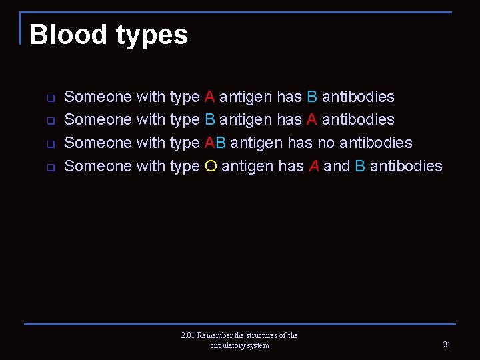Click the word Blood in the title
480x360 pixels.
pyautogui.click(x=68, y=35)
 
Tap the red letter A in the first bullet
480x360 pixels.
pyautogui.click(x=210, y=97)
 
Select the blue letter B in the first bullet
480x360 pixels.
pyautogui.click(x=312, y=97)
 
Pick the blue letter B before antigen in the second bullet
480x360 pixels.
pyautogui.click(x=210, y=120)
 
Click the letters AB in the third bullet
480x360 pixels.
pyautogui.click(x=215, y=143)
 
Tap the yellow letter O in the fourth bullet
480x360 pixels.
pyautogui.click(x=211, y=166)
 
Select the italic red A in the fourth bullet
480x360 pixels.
pyautogui.click(x=314, y=166)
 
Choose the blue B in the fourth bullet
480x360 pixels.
pyautogui.click(x=360, y=166)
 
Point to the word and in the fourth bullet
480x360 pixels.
pyautogui.click(x=337, y=166)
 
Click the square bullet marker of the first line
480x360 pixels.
pyautogui.click(x=50, y=98)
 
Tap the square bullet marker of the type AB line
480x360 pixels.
pyautogui.click(x=50, y=144)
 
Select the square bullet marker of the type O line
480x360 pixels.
pyautogui.click(x=50, y=167)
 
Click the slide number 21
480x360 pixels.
pyautogui.click(x=447, y=345)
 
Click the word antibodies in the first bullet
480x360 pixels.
pyautogui.click(x=358, y=97)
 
